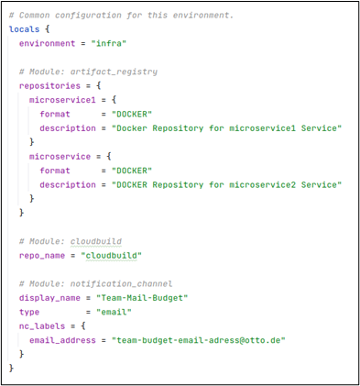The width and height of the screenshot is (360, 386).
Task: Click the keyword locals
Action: click(24, 29)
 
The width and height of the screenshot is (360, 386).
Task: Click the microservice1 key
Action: click(60, 99)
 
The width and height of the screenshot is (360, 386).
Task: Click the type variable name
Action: click(30, 311)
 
